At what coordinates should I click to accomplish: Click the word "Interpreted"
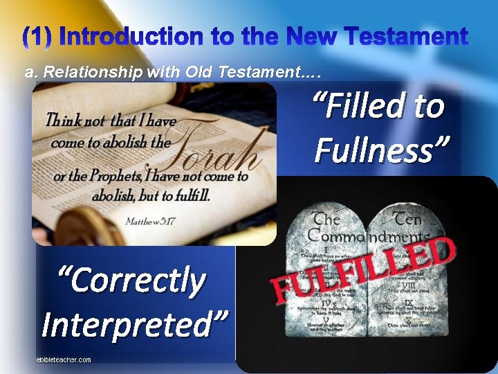(134, 323)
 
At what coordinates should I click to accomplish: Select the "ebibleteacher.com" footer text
(64, 359)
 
